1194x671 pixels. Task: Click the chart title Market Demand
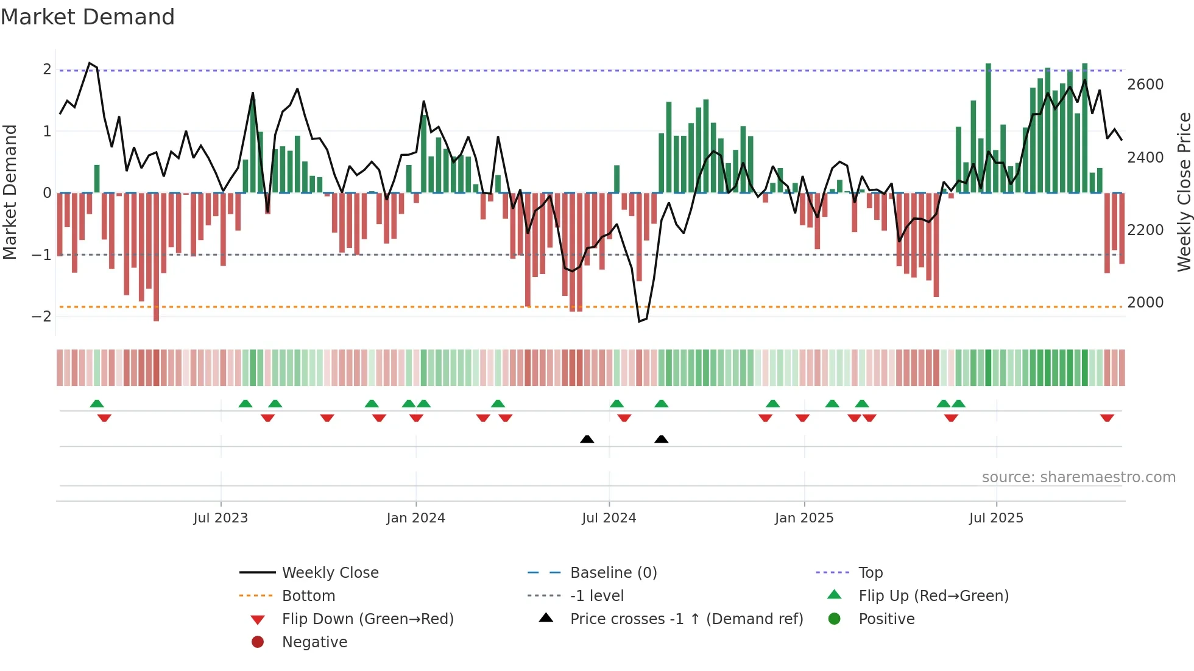(88, 17)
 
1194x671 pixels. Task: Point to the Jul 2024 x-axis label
(609, 518)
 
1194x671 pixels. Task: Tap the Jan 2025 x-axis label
(804, 518)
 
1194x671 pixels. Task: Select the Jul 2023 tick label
(221, 518)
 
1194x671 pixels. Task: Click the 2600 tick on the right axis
(1145, 85)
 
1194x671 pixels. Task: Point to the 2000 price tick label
(1145, 303)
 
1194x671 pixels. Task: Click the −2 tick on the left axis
(41, 317)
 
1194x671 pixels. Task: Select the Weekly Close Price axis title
(1184, 192)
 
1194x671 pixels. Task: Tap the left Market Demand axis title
(10, 192)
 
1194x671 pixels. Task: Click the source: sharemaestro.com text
(1078, 477)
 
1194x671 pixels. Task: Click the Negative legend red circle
(258, 642)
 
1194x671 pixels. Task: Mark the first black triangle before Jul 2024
(587, 439)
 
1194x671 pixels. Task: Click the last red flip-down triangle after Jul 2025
(1107, 418)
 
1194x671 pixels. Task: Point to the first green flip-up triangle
(97, 403)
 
